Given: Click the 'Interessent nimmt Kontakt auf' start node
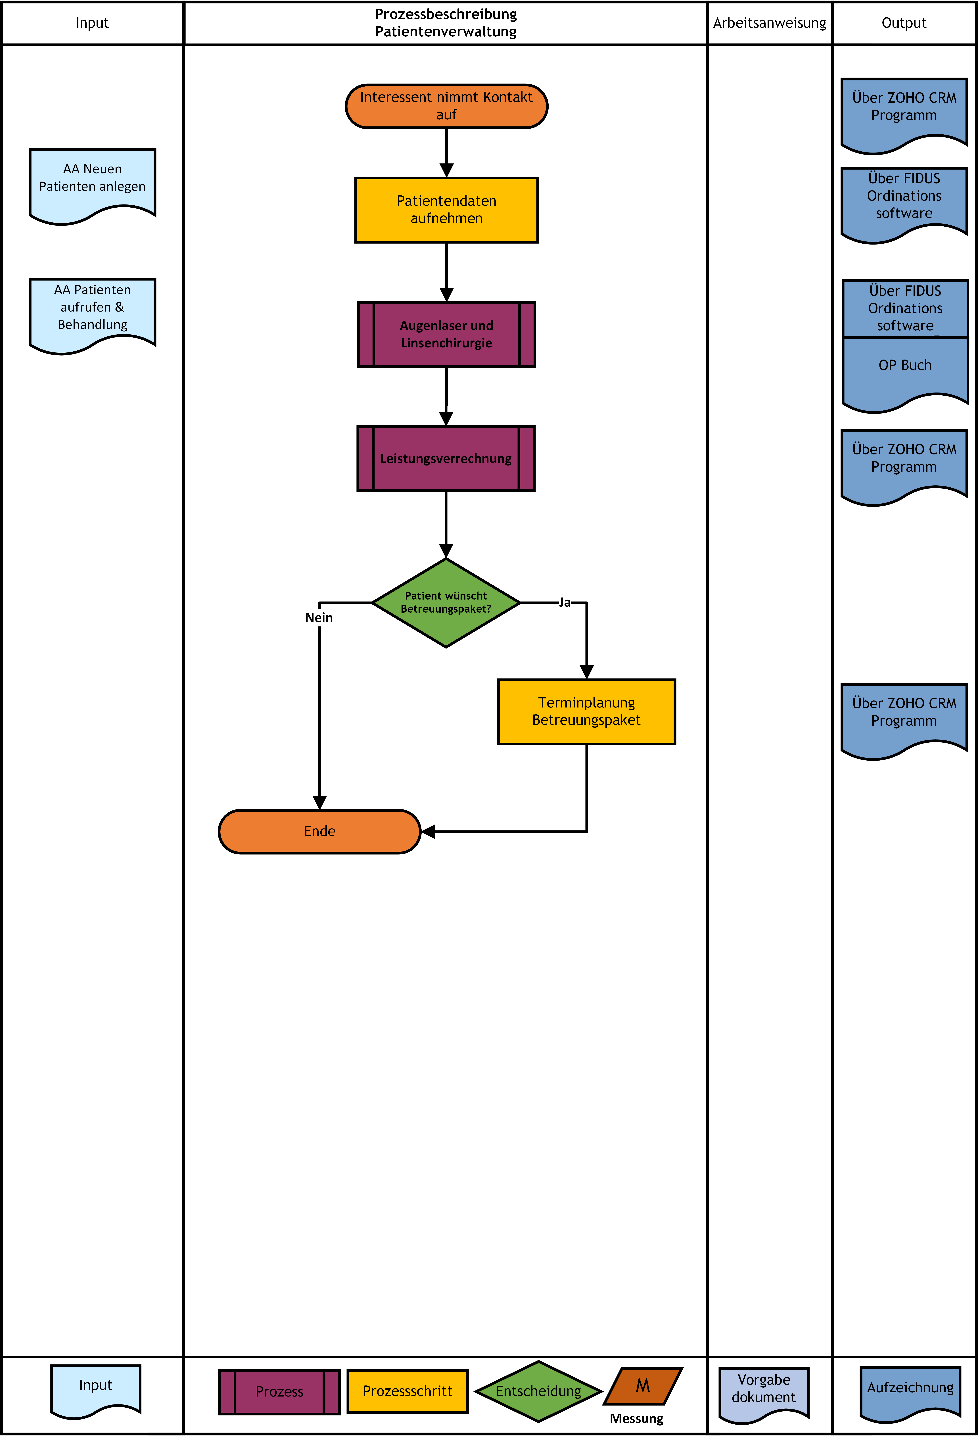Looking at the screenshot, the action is click(446, 106).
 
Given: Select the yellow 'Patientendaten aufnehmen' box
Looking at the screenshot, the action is click(446, 210).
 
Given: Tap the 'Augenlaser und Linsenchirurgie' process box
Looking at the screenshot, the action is click(446, 334).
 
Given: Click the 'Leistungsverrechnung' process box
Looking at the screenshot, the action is click(446, 458).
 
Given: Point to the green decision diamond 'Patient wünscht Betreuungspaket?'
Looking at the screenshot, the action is click(446, 602).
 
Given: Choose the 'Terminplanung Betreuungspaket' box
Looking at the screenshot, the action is click(586, 712).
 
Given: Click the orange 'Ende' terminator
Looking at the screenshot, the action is click(319, 832).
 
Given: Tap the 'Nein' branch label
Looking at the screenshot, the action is click(319, 617).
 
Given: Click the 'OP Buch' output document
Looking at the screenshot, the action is click(905, 371).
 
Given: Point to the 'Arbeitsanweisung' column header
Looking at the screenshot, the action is click(769, 23).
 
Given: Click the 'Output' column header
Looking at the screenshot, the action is click(904, 23).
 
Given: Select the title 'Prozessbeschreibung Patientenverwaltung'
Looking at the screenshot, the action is click(446, 23).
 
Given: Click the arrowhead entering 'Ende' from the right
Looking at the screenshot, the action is click(428, 832).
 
